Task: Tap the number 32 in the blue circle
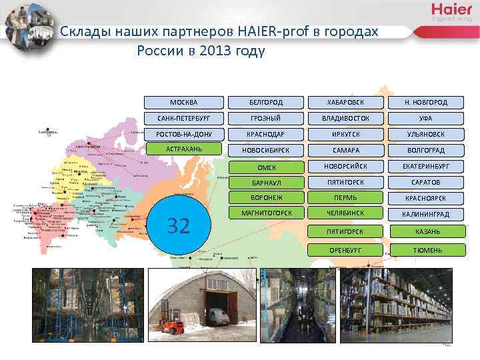click(178, 226)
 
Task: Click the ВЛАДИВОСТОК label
click(346, 118)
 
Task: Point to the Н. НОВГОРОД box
click(425, 103)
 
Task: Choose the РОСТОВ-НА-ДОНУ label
click(183, 134)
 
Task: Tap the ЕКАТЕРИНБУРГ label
click(425, 166)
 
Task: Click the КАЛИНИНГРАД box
click(425, 215)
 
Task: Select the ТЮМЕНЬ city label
click(425, 250)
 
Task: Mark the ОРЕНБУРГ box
click(346, 250)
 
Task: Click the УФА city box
click(425, 118)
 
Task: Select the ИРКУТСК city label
click(346, 134)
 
